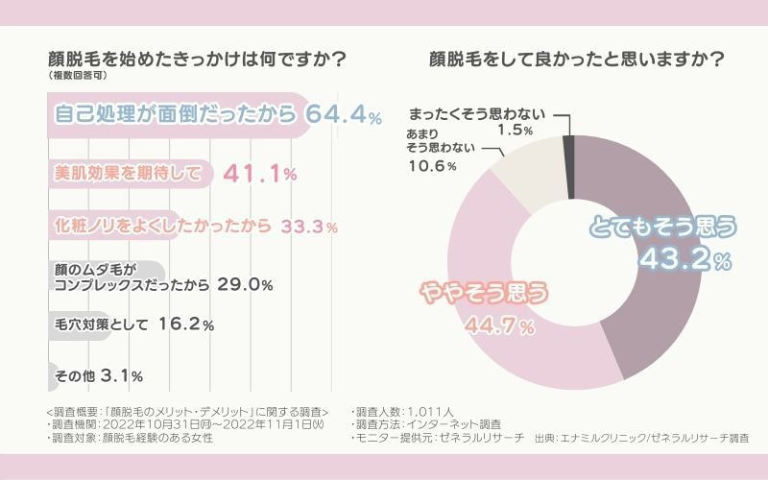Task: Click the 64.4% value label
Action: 344,114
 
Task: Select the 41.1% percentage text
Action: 259,174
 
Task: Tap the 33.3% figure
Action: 309,228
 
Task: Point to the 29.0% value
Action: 247,285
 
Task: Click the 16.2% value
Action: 184,324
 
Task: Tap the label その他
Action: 73,374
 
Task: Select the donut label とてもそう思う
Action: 662,228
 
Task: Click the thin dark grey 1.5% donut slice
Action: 568,144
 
